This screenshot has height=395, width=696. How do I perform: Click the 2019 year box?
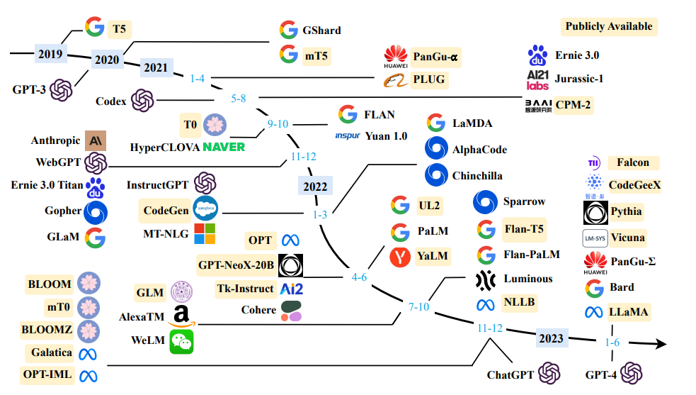pos(50,53)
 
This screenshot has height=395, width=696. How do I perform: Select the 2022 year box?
pos(315,187)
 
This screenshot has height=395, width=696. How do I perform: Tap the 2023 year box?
pos(550,338)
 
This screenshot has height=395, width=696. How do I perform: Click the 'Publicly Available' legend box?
pos(609,26)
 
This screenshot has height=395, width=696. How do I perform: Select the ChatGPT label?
pos(510,374)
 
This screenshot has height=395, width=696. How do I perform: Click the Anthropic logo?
pos(94,140)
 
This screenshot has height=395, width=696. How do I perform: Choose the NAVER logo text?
pos(224,147)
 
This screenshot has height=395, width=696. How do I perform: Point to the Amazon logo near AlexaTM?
pos(181,316)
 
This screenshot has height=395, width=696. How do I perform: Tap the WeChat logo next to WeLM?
pos(181,341)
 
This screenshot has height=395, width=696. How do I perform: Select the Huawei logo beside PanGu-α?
pos(396,55)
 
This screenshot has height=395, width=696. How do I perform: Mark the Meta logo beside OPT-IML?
pos(89,375)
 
